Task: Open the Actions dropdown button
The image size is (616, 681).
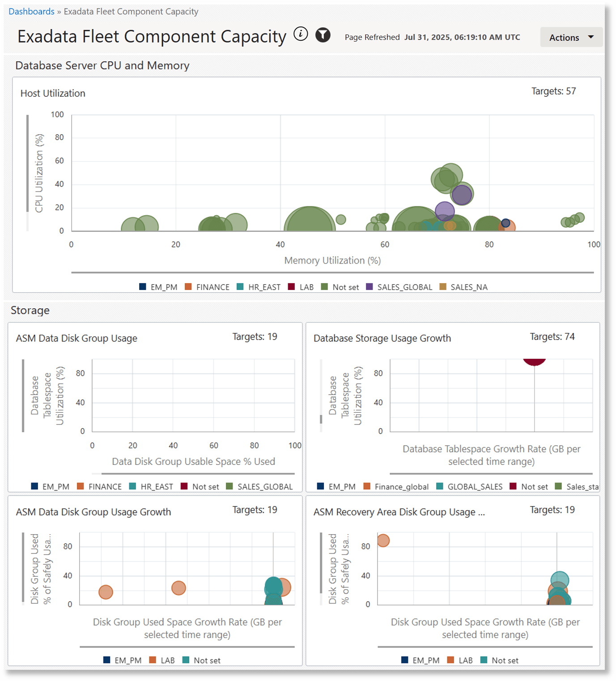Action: tap(571, 38)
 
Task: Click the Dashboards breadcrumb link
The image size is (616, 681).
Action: tap(31, 12)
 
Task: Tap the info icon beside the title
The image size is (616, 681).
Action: tap(301, 34)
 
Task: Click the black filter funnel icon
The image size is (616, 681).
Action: tap(323, 35)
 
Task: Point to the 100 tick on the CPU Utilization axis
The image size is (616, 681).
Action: tap(57, 115)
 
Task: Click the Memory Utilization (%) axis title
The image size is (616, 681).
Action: tap(332, 260)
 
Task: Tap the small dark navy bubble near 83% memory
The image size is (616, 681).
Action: tap(506, 223)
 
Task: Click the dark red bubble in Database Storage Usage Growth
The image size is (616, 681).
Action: tap(534, 361)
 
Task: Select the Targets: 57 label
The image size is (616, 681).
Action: tap(553, 91)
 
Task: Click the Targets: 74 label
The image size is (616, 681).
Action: tap(552, 337)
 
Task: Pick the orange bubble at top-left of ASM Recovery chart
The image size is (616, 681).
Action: tap(383, 541)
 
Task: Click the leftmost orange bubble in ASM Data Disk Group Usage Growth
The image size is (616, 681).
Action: tap(106, 592)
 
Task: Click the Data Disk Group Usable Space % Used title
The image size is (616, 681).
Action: tap(193, 462)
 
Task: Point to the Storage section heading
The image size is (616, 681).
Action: tap(30, 311)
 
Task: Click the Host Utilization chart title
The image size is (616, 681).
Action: tap(53, 94)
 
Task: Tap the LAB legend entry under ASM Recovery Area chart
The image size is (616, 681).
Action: tap(465, 660)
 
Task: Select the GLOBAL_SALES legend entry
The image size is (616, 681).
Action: tap(475, 487)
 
